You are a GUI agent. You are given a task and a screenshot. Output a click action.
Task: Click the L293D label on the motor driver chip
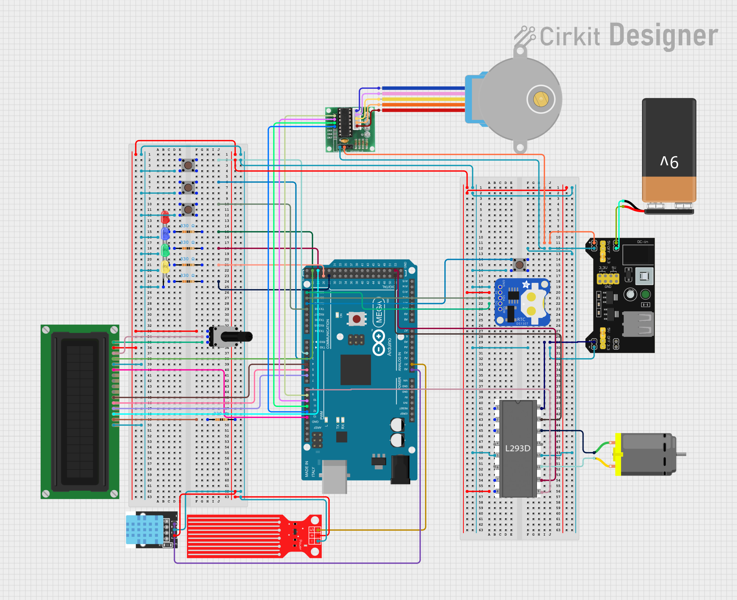(x=517, y=448)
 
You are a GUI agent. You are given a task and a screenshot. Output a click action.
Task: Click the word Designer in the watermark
(x=664, y=35)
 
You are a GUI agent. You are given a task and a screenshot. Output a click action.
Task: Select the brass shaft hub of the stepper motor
(x=540, y=99)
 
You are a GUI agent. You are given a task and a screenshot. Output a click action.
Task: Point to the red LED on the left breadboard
(x=165, y=216)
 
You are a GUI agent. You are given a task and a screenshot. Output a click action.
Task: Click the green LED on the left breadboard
(x=165, y=250)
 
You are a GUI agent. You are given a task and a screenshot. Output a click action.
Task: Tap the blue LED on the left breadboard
(x=165, y=233)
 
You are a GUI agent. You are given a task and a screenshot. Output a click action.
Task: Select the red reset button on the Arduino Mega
(x=356, y=319)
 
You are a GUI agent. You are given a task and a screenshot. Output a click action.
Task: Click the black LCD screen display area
(x=80, y=412)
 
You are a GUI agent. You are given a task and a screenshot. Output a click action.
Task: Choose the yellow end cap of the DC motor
(x=618, y=454)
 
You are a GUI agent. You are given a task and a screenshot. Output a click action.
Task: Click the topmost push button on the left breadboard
(x=188, y=165)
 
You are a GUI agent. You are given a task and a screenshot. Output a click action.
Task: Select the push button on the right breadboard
(x=519, y=264)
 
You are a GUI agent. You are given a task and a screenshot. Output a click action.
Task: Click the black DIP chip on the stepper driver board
(x=345, y=122)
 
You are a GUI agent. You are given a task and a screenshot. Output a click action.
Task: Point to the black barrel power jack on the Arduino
(x=400, y=469)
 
